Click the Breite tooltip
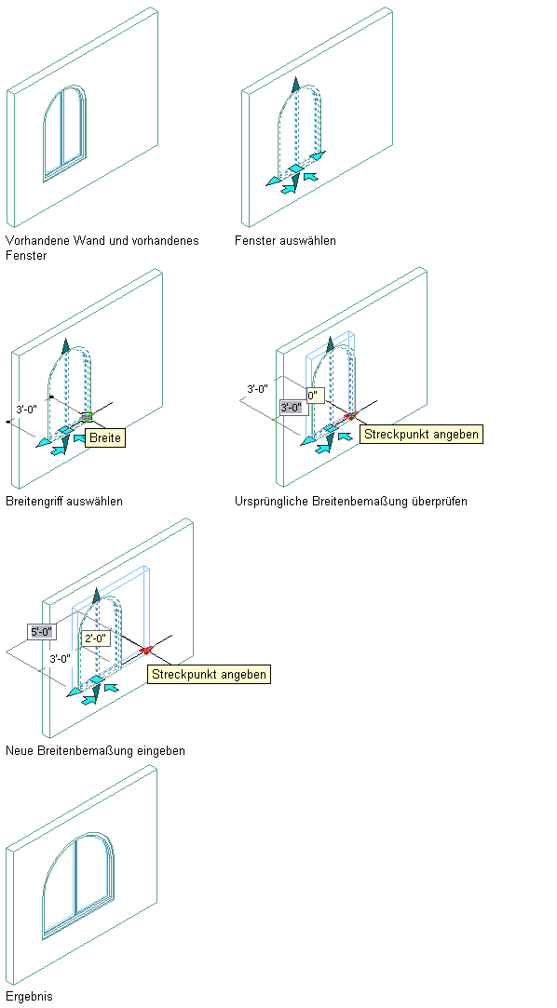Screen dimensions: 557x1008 click(x=104, y=437)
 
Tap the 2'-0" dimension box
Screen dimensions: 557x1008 click(x=96, y=638)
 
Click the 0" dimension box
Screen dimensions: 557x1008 click(x=315, y=396)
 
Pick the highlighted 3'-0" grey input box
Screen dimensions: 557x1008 click(x=292, y=407)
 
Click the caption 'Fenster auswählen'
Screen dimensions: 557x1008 click(x=285, y=240)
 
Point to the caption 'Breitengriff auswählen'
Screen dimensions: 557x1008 click(x=63, y=501)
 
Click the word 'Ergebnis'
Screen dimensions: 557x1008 click(x=29, y=997)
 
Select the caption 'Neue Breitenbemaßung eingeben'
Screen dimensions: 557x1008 click(x=95, y=750)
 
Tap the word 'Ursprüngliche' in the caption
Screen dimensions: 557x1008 click(x=271, y=501)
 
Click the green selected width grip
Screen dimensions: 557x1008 click(x=86, y=417)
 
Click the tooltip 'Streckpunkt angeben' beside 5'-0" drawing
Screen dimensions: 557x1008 click(x=209, y=675)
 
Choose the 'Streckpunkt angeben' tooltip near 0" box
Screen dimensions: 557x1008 click(x=421, y=434)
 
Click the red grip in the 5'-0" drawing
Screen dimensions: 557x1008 click(x=145, y=650)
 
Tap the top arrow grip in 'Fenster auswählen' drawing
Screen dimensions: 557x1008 click(x=296, y=84)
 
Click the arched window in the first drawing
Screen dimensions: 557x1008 click(x=65, y=133)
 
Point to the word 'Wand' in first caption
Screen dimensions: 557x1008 click(x=95, y=240)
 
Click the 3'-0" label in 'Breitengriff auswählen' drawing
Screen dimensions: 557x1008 click(x=27, y=409)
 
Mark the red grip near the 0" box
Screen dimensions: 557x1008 click(x=350, y=416)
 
